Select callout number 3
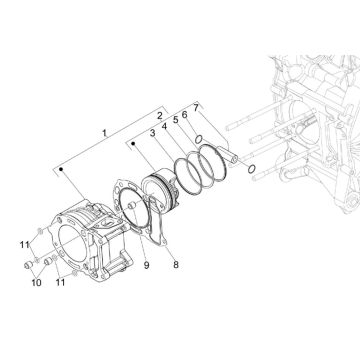(152, 131)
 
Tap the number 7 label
(197, 107)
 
